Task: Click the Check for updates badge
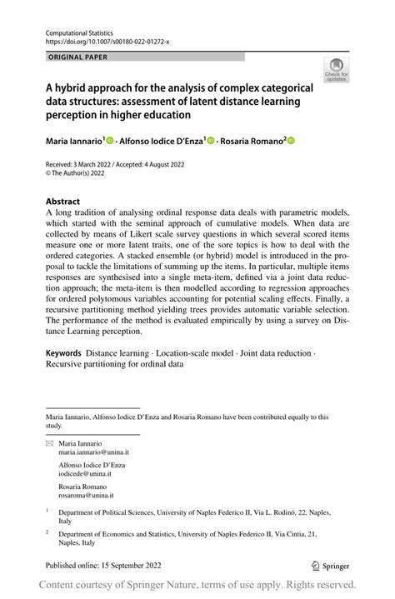click(336, 69)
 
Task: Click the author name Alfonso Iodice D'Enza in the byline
click(162, 142)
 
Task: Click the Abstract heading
click(62, 202)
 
